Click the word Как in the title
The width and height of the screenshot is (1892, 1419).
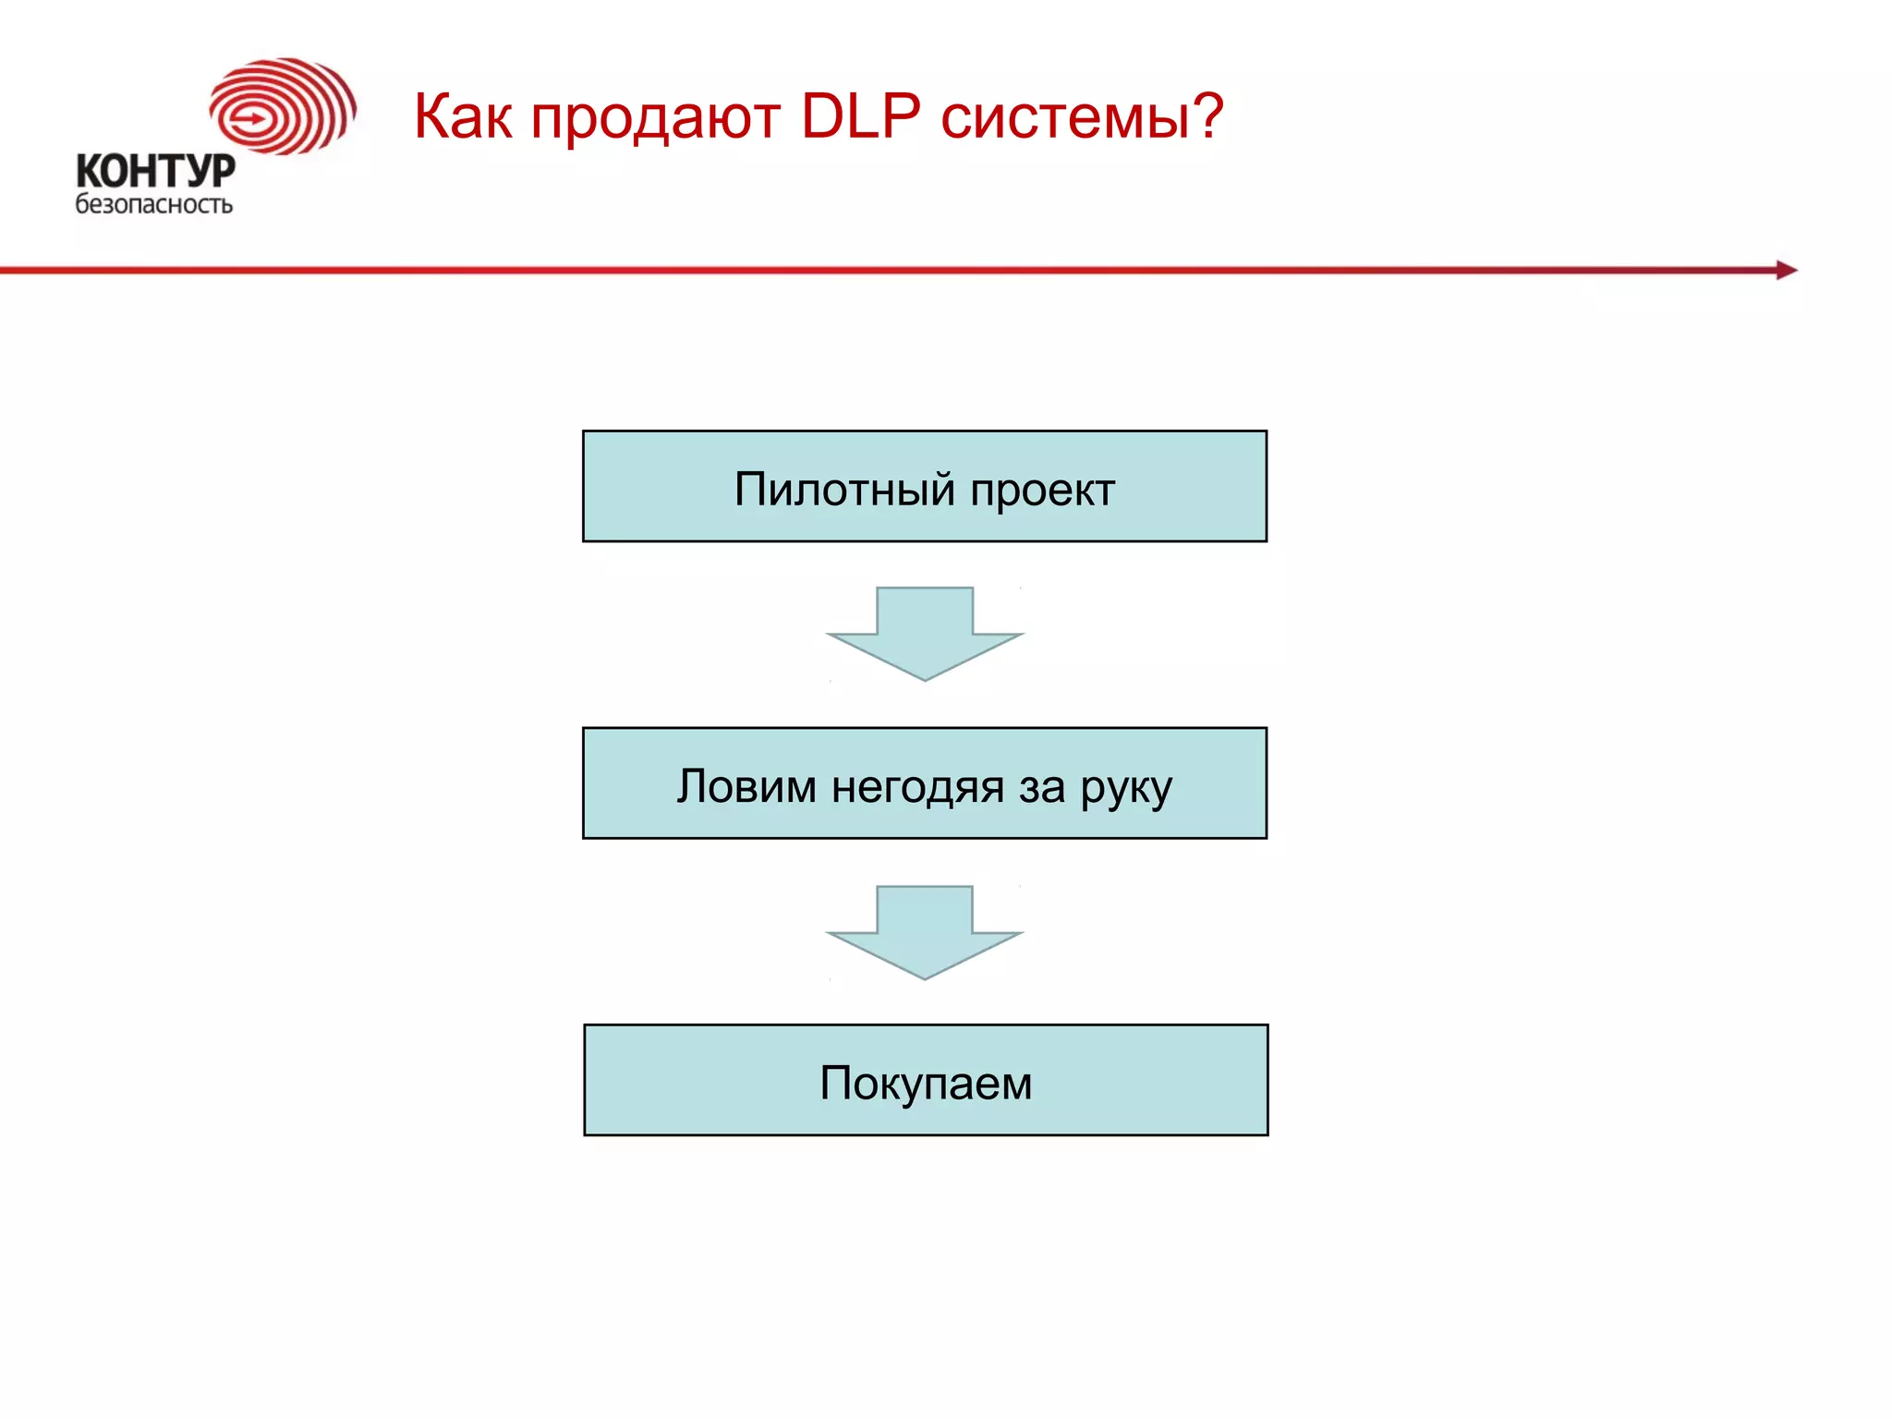tap(462, 117)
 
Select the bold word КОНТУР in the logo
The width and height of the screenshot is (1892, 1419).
tap(155, 171)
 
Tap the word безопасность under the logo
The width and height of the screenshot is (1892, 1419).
tap(153, 204)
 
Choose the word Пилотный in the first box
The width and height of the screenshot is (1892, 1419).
tap(844, 490)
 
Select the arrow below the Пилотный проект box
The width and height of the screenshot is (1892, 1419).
tap(925, 633)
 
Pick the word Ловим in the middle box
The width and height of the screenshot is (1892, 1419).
tap(746, 787)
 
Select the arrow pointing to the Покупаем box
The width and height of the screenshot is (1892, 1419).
tap(925, 931)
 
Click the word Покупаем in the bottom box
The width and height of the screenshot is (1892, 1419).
tap(926, 1084)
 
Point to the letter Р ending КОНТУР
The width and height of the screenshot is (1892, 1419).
tap(222, 171)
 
